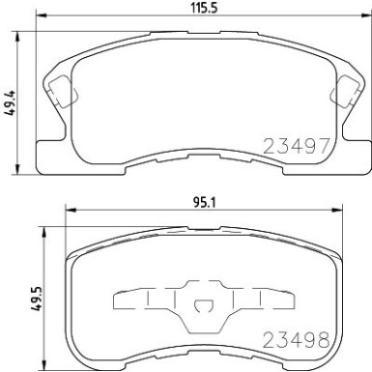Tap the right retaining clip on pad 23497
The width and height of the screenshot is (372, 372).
point(340,93)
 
